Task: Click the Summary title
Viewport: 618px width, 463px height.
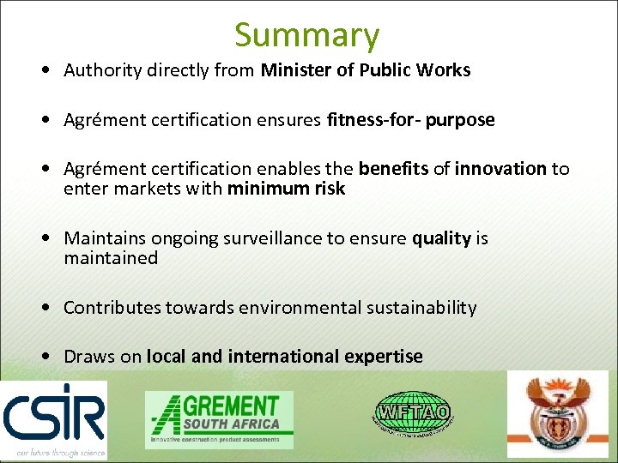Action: coord(306,35)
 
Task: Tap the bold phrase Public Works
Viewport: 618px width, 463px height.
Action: coord(421,70)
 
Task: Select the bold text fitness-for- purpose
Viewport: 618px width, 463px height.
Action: coord(410,120)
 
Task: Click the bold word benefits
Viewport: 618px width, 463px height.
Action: coord(393,169)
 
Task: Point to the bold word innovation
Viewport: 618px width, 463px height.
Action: coord(500,169)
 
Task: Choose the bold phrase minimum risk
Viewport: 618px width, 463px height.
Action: coord(286,189)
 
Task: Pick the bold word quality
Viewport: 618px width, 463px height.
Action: coord(441,238)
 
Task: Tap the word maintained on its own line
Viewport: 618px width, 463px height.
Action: coord(111,258)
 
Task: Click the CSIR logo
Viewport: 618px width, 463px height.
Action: coord(53,419)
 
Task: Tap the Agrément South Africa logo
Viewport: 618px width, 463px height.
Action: coord(219,419)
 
